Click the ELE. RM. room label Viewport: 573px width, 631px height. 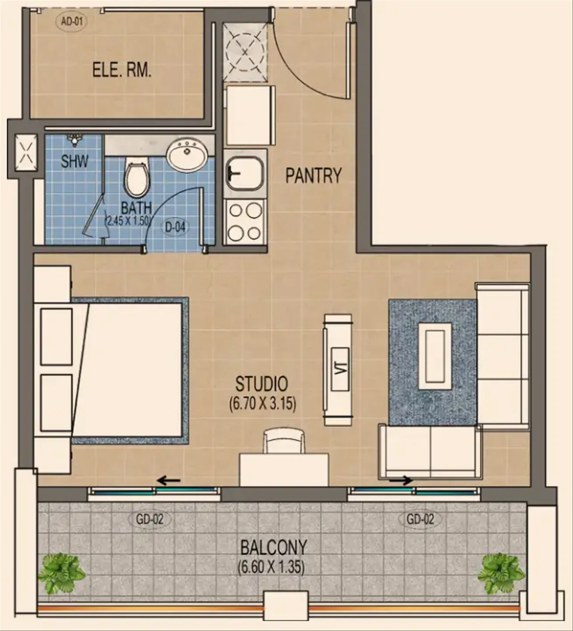[x=121, y=70]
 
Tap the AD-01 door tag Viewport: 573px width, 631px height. [x=71, y=21]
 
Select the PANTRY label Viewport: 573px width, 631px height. [x=313, y=175]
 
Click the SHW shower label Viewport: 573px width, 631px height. [x=74, y=161]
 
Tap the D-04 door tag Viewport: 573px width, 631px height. [x=175, y=227]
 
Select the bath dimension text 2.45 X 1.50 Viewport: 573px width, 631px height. [x=127, y=220]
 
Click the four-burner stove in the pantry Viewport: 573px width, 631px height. [x=245, y=222]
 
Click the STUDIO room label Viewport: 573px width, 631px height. [x=262, y=384]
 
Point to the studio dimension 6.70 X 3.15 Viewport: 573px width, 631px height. [x=262, y=403]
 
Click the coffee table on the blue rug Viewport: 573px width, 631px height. [x=435, y=356]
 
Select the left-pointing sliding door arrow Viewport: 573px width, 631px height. [x=169, y=481]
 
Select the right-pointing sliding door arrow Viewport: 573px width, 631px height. [x=401, y=481]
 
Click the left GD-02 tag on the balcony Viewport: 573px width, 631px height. [x=149, y=520]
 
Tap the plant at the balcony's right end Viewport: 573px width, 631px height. [x=501, y=573]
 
